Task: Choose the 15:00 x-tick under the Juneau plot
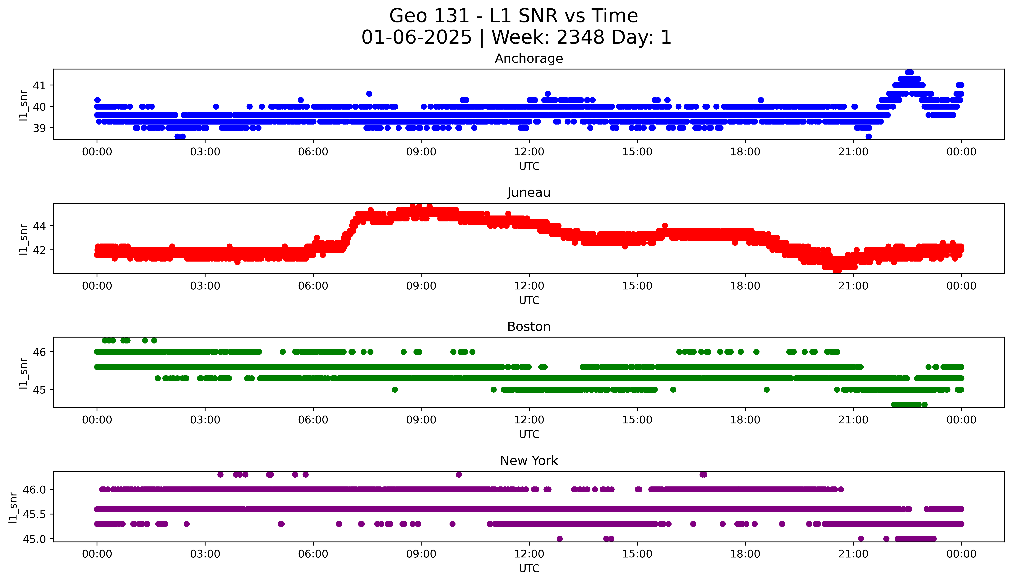[637, 286]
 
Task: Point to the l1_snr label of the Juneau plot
[23, 239]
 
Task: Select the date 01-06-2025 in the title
[416, 38]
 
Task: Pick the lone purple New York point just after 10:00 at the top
[459, 475]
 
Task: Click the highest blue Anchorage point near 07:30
[369, 93]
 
